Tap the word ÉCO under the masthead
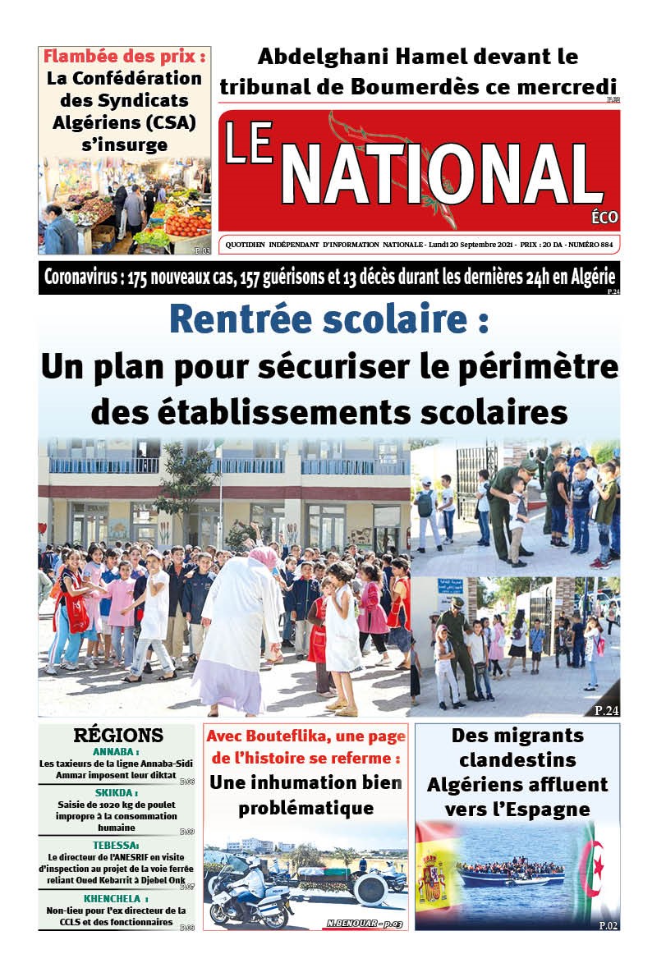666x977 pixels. point(604,218)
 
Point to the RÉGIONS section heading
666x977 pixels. point(118,735)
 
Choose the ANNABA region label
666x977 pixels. point(116,751)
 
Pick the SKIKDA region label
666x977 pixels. point(116,793)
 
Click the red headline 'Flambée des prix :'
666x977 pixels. point(124,57)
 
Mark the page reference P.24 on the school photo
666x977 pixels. point(606,710)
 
